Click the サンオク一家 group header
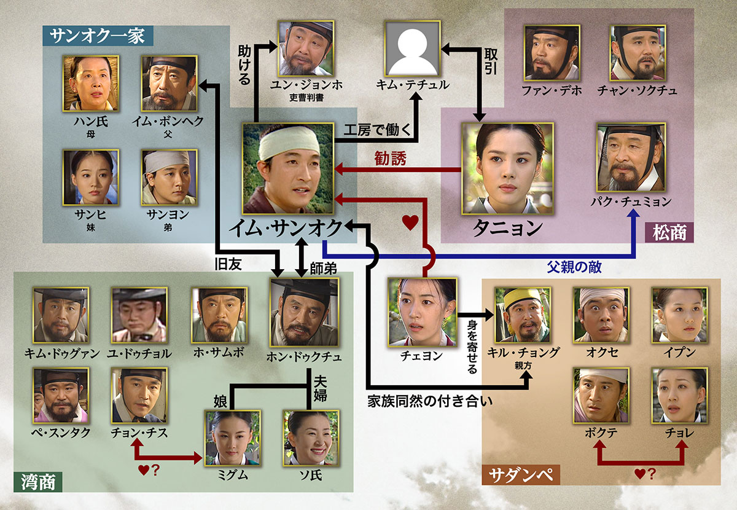[98, 36]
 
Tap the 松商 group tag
[669, 232]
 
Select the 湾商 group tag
[38, 482]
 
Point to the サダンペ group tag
[521, 475]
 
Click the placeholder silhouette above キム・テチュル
[413, 49]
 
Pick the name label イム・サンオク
[286, 228]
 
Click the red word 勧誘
[390, 159]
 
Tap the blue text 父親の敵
[574, 267]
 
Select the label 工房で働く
[377, 130]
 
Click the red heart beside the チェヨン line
[411, 222]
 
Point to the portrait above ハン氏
[91, 84]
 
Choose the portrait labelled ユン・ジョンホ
[306, 49]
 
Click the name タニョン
[508, 228]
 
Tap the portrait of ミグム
[233, 438]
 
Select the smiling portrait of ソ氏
[311, 438]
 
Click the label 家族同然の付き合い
[430, 401]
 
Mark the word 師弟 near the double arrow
[323, 269]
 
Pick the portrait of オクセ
[601, 315]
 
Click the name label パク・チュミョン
[631, 202]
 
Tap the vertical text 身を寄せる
[472, 347]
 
